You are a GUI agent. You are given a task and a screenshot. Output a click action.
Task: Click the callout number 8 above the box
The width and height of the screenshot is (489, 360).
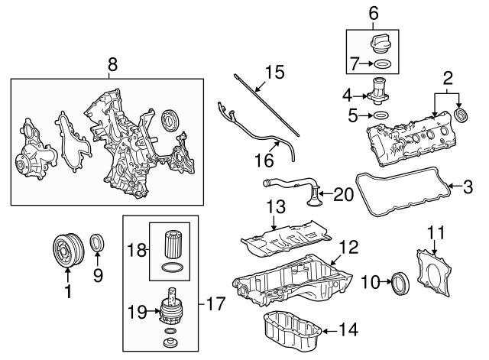112,66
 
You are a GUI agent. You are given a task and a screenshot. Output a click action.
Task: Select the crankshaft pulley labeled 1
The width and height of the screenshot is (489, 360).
65,251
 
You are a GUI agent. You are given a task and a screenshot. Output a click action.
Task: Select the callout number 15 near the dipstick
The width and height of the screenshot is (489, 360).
274,73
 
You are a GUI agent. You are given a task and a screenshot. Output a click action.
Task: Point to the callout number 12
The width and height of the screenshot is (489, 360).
348,248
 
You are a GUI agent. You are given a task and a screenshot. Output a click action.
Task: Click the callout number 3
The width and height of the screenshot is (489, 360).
468,186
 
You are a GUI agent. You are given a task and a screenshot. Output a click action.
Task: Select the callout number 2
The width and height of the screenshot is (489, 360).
448,77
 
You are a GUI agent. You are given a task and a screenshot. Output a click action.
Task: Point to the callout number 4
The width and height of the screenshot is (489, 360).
346,96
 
